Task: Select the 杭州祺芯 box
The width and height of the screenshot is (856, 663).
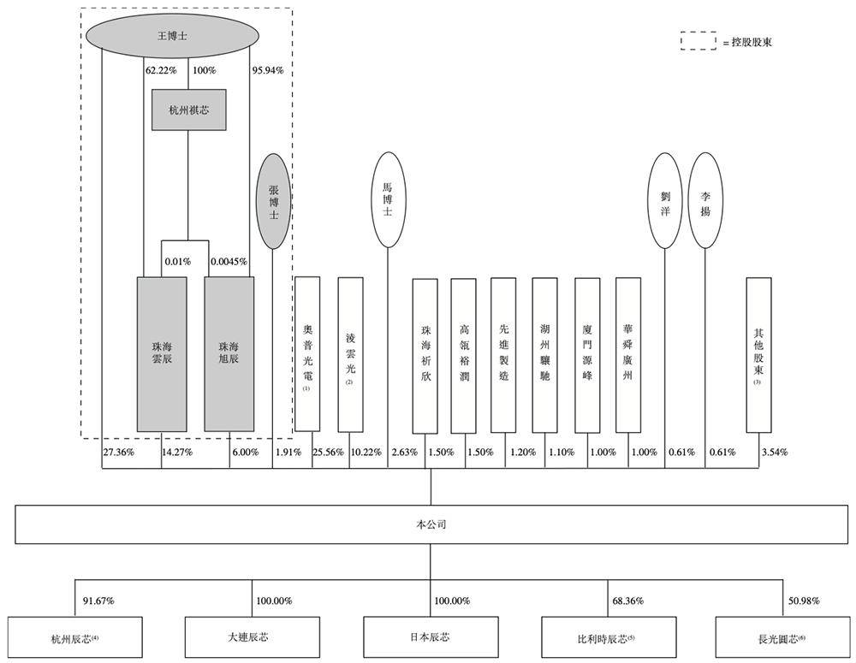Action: (x=188, y=110)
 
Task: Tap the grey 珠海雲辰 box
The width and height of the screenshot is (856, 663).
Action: (x=162, y=353)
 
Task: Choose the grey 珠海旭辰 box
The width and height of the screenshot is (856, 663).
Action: (x=229, y=353)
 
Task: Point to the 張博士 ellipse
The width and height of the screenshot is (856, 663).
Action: (x=273, y=201)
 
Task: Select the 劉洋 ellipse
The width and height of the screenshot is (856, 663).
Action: (x=665, y=200)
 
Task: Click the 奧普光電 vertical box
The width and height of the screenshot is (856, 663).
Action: (x=306, y=353)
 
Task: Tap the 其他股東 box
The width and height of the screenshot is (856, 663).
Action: (x=758, y=353)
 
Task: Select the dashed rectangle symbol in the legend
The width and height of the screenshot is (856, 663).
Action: (x=698, y=41)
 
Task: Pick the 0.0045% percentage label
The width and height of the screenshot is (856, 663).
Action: (x=229, y=261)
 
